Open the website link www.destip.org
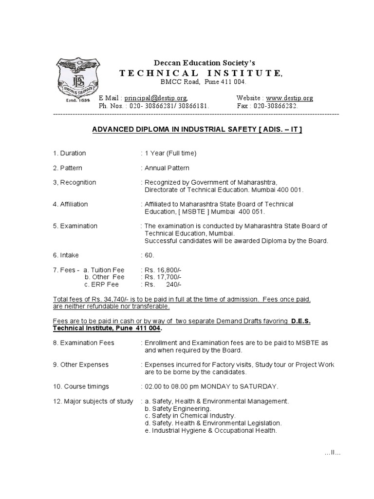[289, 98]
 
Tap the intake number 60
[149, 255]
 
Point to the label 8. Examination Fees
[84, 343]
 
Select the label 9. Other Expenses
[81, 365]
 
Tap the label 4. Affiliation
[71, 204]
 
